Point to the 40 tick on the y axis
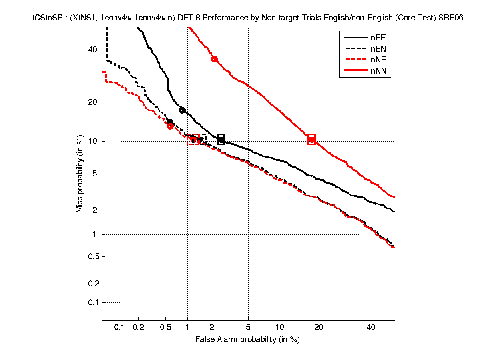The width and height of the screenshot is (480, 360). tap(92, 50)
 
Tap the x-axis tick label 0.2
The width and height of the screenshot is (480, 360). tap(138, 328)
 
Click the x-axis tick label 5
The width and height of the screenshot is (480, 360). tap(248, 328)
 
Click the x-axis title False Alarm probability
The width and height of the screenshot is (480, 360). tap(247, 340)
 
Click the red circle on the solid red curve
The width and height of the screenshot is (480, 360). tap(214, 59)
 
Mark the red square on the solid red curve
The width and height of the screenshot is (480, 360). tap(312, 139)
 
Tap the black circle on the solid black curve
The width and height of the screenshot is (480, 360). tap(182, 110)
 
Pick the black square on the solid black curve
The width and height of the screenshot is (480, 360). tap(221, 139)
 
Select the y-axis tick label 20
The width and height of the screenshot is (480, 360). tap(92, 102)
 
